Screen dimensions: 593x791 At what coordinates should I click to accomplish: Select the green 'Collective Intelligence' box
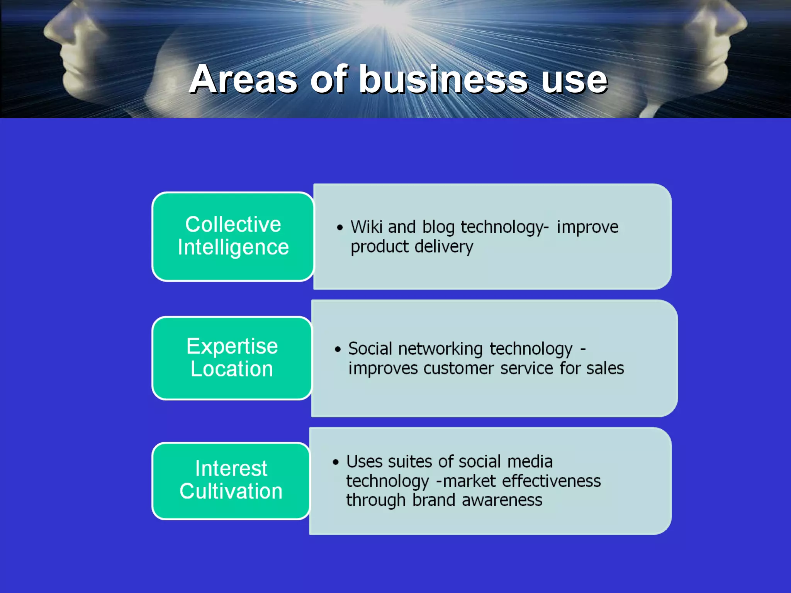233,236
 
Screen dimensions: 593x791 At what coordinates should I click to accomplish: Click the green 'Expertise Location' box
232,358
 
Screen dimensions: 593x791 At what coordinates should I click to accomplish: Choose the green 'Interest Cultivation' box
231,481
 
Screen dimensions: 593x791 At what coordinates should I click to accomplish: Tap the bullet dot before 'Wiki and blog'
339,227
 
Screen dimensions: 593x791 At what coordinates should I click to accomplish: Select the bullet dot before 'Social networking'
338,349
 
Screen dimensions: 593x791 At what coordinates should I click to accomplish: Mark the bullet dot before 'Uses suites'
336,462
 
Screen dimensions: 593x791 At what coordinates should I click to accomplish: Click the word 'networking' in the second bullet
440,349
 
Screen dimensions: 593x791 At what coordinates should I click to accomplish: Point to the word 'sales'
605,368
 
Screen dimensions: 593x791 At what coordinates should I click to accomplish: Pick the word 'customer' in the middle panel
458,368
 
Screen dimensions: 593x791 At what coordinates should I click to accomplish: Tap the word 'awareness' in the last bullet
502,500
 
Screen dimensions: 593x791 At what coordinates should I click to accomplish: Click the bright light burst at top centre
382,15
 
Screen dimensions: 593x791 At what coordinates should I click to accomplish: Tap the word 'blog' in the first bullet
438,227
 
